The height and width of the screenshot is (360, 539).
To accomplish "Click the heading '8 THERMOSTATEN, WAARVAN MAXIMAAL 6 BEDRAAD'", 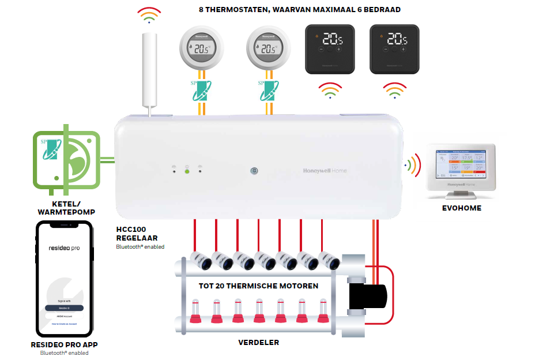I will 297,10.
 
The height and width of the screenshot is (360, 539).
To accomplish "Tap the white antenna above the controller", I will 149,72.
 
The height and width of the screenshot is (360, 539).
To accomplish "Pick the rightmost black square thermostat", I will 394,48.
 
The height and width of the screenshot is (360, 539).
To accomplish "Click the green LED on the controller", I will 187,171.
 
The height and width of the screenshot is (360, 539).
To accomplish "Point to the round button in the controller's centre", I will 253,171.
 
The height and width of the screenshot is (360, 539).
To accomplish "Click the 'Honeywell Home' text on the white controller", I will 325,171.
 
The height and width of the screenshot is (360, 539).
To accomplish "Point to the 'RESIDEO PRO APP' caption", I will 64,345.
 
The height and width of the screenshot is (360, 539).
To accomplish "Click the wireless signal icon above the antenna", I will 149,16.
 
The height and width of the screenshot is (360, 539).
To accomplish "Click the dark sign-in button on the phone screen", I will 64,308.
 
